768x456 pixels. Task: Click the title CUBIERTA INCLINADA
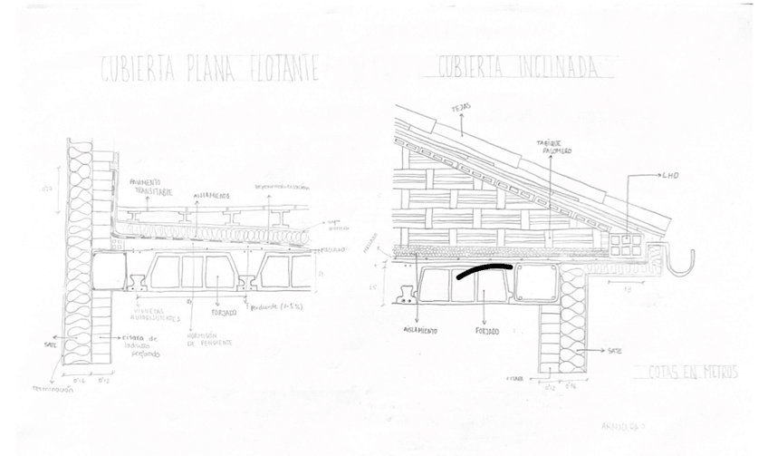point(519,67)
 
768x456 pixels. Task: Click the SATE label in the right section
point(613,348)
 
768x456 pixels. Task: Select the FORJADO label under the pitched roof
point(486,331)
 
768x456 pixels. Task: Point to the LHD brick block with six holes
point(625,243)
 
